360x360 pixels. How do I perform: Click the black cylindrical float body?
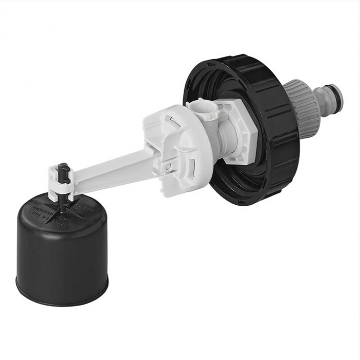pos(62,255)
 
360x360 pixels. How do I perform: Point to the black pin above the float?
pos(62,170)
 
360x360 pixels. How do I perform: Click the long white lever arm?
pos(110,170)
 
